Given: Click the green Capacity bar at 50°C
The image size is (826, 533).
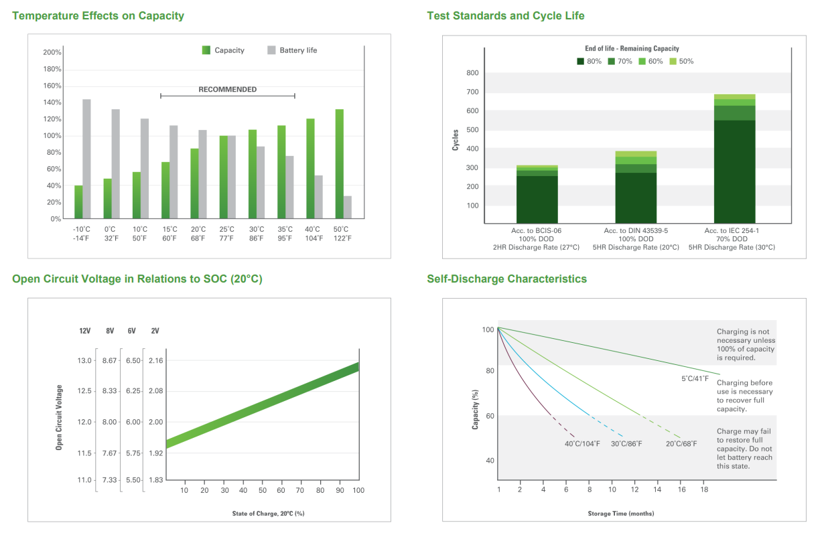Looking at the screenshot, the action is point(339,164).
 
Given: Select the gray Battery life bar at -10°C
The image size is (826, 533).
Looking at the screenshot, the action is point(86,159).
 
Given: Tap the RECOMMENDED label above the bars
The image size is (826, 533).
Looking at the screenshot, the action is point(228,90).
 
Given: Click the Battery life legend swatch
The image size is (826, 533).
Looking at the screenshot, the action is point(271,50).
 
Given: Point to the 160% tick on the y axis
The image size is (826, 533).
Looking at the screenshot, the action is point(52,86).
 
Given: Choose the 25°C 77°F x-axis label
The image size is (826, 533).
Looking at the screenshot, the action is point(226,234).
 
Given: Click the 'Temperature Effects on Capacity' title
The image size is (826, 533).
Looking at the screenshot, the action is point(98,16).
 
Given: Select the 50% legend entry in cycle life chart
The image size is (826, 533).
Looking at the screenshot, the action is point(681,61).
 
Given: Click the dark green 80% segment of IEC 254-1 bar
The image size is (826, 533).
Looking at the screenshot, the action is point(734,172).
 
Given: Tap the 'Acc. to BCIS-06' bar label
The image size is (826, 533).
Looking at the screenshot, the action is point(536,231).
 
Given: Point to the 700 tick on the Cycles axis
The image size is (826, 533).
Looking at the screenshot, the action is point(472,92).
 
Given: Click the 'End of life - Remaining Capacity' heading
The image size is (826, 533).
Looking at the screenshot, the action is point(632,48).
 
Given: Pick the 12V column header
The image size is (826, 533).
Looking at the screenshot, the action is point(85,331).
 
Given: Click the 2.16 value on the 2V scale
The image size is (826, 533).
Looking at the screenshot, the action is point(155,360).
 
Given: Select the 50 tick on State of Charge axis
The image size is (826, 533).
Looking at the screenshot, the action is point(263,490).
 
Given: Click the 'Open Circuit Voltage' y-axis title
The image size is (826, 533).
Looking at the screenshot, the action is point(59,417).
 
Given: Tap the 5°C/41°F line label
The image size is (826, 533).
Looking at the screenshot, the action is point(695,378).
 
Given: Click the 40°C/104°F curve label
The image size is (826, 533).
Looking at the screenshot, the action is point(582,444).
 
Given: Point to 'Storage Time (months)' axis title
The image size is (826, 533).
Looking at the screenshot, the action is point(621,514).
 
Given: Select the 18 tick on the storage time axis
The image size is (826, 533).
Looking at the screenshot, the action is point(704,489).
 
